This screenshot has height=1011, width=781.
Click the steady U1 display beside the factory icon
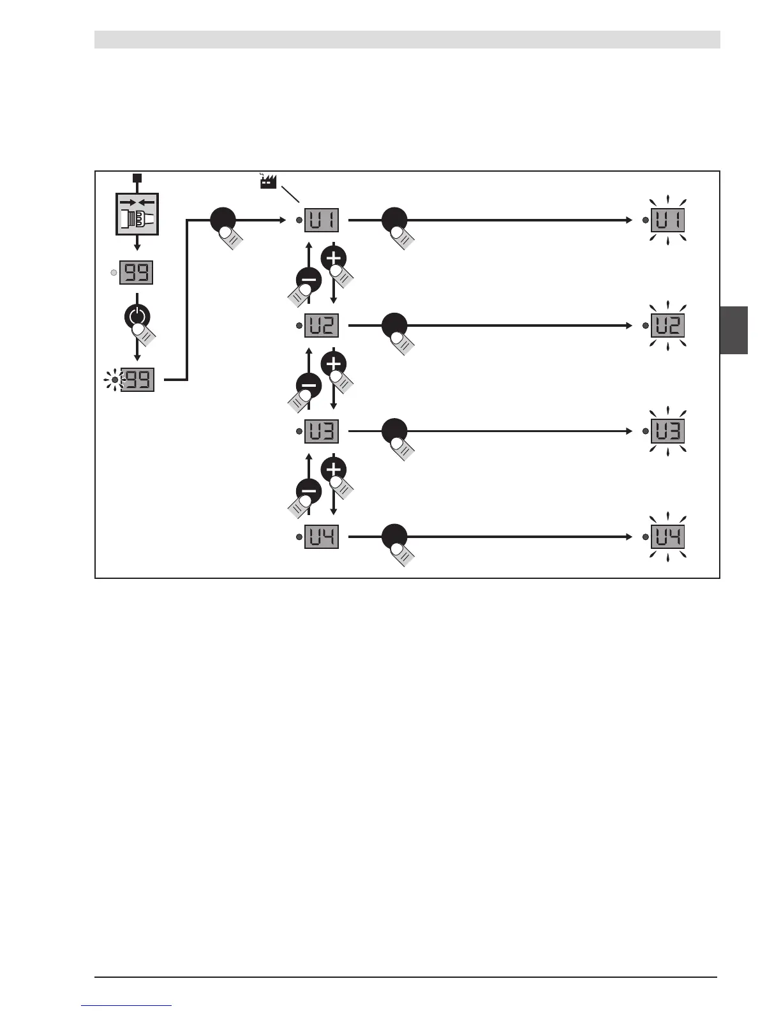(322, 220)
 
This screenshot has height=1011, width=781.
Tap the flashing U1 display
(667, 220)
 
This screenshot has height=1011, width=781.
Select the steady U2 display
(322, 326)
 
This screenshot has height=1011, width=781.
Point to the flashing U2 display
(667, 326)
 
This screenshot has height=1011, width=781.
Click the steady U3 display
(322, 431)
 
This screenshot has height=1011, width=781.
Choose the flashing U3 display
(667, 431)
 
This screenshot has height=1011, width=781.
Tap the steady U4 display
(322, 537)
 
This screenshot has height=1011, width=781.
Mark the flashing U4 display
(667, 537)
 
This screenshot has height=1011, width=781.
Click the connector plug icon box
(137, 214)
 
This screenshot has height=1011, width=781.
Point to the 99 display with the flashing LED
(137, 380)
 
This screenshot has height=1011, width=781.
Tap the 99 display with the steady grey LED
(137, 273)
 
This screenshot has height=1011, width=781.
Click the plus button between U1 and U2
(334, 258)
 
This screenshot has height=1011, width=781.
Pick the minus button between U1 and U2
(309, 280)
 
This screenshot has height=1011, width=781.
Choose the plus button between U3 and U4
(334, 470)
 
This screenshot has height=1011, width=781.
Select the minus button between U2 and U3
(309, 386)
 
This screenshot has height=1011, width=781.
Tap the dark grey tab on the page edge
(734, 330)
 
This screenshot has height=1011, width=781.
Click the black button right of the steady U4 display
(394, 535)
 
